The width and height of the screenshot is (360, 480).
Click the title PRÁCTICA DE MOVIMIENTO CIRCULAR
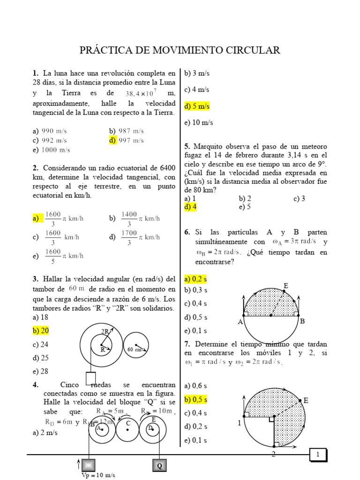coord(180,50)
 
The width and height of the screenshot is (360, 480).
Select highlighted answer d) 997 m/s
coord(126,140)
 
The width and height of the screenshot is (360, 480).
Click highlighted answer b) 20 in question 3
coord(41,330)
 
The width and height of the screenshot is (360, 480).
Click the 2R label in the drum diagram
coord(105,331)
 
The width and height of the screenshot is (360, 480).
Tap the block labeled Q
coord(159,465)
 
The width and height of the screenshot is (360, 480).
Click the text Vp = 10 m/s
coord(98,475)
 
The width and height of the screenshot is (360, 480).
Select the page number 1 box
coord(318,455)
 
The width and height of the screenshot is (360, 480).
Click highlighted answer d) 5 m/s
coord(197,106)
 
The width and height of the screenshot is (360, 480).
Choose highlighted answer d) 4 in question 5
coord(190,207)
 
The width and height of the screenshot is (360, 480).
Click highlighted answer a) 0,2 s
coord(195,279)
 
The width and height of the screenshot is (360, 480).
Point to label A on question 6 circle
coord(240,322)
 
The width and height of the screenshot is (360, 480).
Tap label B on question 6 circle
coord(302,321)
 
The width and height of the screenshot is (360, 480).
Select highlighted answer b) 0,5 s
coord(195,400)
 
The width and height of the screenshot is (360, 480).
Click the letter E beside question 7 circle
coord(306,400)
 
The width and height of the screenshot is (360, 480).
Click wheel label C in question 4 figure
coord(127,423)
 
